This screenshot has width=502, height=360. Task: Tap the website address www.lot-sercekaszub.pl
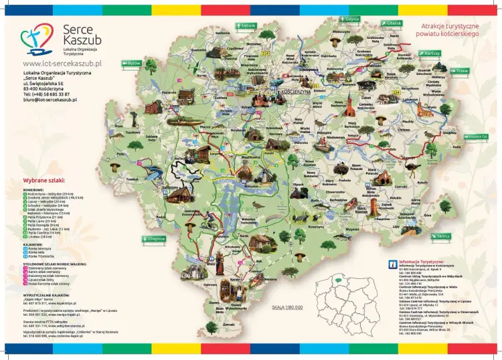tap(62, 63)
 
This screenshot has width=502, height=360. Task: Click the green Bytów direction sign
tap(132, 63)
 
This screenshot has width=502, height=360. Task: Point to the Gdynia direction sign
tap(351, 19)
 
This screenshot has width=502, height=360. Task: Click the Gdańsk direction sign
tap(392, 23)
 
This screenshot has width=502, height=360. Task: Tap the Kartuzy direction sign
tap(429, 52)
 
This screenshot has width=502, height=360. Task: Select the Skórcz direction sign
tap(442, 236)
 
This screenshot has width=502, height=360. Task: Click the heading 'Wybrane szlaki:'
tap(44, 181)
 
